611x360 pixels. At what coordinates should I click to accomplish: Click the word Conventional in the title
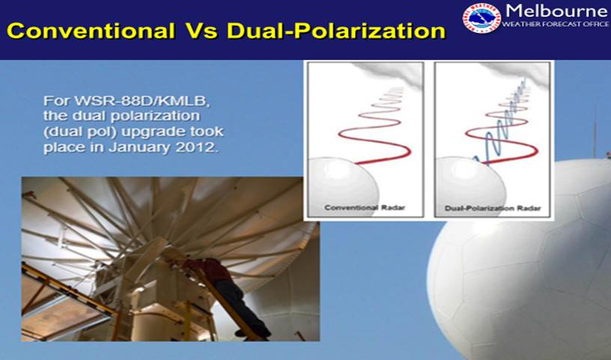91,31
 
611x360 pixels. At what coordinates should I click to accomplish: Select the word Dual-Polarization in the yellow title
336,31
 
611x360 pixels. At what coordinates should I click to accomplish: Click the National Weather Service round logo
481,18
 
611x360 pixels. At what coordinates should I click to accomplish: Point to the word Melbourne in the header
556,10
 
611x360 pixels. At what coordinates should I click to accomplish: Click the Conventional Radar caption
365,207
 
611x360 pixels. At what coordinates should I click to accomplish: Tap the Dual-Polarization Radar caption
493,208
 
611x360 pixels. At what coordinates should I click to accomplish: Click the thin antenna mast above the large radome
595,132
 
